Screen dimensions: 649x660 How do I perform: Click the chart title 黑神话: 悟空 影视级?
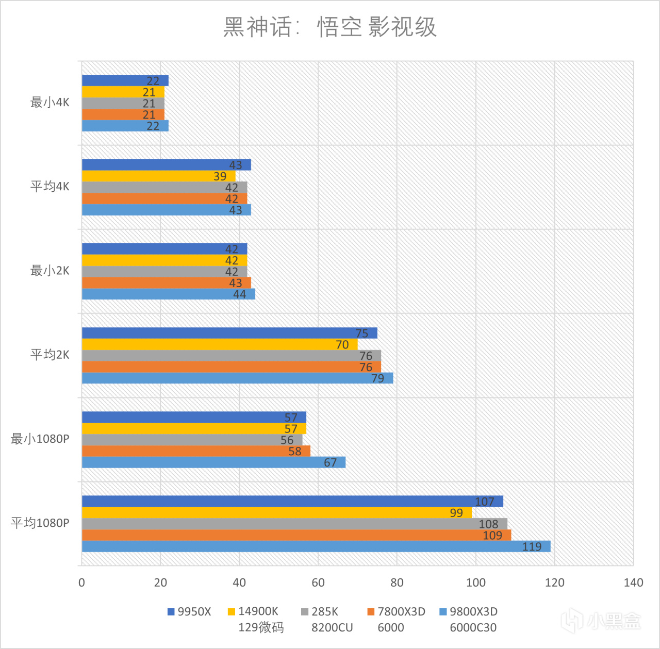coord(330,27)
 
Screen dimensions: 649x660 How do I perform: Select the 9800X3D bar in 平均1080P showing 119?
coord(316,546)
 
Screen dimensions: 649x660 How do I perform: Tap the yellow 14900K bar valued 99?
coord(276,512)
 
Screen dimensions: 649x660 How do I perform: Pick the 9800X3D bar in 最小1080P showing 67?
coord(213,462)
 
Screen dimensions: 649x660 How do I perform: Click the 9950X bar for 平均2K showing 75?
coord(229,333)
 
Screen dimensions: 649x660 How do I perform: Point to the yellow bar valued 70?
coord(220,344)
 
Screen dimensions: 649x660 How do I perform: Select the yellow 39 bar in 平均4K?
coord(158,176)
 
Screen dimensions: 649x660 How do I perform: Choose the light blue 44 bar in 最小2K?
coord(168,294)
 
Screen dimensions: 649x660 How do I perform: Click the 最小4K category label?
coord(49,103)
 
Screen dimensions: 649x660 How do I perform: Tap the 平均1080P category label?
coord(40,523)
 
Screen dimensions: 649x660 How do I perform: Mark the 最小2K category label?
coord(49,271)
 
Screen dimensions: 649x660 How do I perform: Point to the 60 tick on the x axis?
coord(318,583)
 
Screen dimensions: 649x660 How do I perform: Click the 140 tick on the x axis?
coord(633,583)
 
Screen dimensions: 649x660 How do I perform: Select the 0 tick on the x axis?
coord(81,583)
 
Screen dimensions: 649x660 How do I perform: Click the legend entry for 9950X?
coord(189,612)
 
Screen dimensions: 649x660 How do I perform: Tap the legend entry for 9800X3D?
coord(469,612)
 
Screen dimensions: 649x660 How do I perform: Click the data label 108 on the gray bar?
coord(488,524)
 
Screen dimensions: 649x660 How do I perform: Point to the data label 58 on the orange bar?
coord(294,452)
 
